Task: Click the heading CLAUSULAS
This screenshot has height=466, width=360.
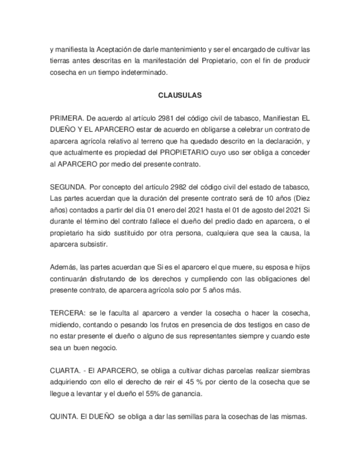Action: pyautogui.click(x=180, y=95)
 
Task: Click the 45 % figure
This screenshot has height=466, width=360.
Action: pyautogui.click(x=200, y=382)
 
